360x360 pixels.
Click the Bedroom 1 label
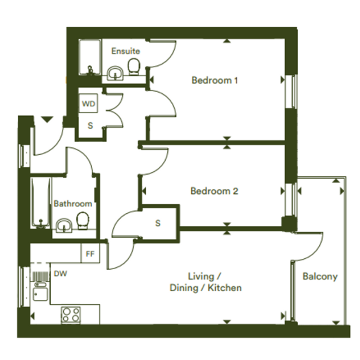[x=214, y=80]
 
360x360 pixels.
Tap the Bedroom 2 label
[x=214, y=191]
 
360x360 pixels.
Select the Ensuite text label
[x=126, y=51]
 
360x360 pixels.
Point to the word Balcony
[x=320, y=277]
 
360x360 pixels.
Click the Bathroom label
[x=73, y=204]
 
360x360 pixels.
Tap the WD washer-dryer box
[x=88, y=103]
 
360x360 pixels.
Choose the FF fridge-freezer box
[x=90, y=253]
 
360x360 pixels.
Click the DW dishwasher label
[x=60, y=274]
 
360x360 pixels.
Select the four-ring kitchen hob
[x=71, y=315]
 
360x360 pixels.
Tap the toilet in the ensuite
[x=134, y=67]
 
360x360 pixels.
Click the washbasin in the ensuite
[x=116, y=73]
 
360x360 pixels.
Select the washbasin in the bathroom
[x=64, y=226]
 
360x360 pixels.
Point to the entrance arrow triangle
[x=47, y=120]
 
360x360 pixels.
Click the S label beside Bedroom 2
[x=158, y=223]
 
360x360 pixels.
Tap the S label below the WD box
[x=90, y=126]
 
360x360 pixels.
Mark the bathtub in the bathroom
[x=41, y=203]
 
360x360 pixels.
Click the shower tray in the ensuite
[x=90, y=58]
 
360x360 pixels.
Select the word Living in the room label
[x=202, y=277]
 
